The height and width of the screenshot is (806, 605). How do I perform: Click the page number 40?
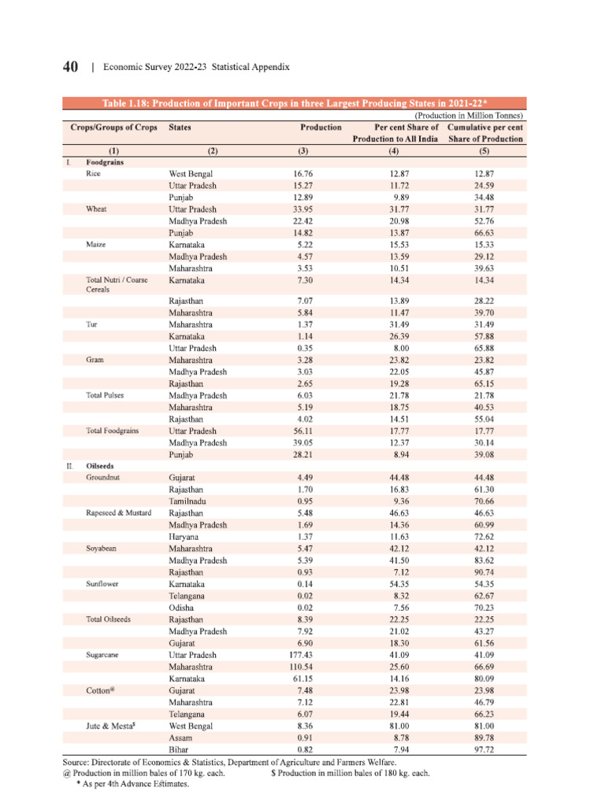point(69,68)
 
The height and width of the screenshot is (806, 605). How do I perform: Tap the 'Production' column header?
point(321,127)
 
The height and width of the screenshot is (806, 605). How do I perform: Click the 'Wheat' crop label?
point(97,209)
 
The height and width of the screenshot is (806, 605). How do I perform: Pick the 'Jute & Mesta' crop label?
point(111,726)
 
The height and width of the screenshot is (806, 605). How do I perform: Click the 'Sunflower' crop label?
point(103,584)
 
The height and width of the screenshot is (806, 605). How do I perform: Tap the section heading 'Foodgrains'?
point(107,162)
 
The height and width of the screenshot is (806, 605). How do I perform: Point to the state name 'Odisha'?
point(183,608)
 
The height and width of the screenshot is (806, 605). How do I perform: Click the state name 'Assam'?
point(182,738)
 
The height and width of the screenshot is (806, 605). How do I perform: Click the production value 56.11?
point(303,431)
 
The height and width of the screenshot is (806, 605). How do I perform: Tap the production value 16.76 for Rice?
point(303,174)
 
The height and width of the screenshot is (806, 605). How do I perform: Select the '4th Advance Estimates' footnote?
point(132,785)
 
